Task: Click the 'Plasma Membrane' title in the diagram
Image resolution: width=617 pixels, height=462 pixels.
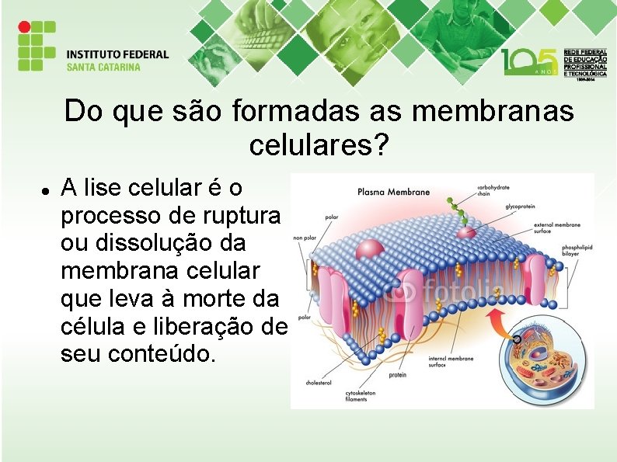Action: tap(393, 192)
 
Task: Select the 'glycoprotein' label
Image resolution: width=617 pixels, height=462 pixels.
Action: tap(522, 207)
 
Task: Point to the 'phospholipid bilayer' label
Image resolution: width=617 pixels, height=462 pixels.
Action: tap(577, 250)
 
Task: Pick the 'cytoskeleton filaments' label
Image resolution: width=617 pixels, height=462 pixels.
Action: tap(361, 396)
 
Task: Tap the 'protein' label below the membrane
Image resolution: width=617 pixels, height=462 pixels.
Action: tap(397, 375)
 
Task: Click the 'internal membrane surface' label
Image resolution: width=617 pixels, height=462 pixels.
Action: tap(451, 362)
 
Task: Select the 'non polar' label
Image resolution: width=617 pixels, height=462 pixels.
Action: tap(303, 238)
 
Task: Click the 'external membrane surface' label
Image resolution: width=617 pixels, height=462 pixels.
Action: tap(557, 227)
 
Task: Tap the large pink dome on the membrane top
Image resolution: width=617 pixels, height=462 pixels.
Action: tap(370, 248)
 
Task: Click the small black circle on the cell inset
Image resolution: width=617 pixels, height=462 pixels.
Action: tap(517, 339)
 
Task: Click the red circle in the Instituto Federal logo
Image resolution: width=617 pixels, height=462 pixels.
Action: tap(23, 26)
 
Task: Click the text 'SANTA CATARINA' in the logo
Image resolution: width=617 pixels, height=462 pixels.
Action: tap(103, 67)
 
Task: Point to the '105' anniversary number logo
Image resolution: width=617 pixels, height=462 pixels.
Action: tap(528, 60)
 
